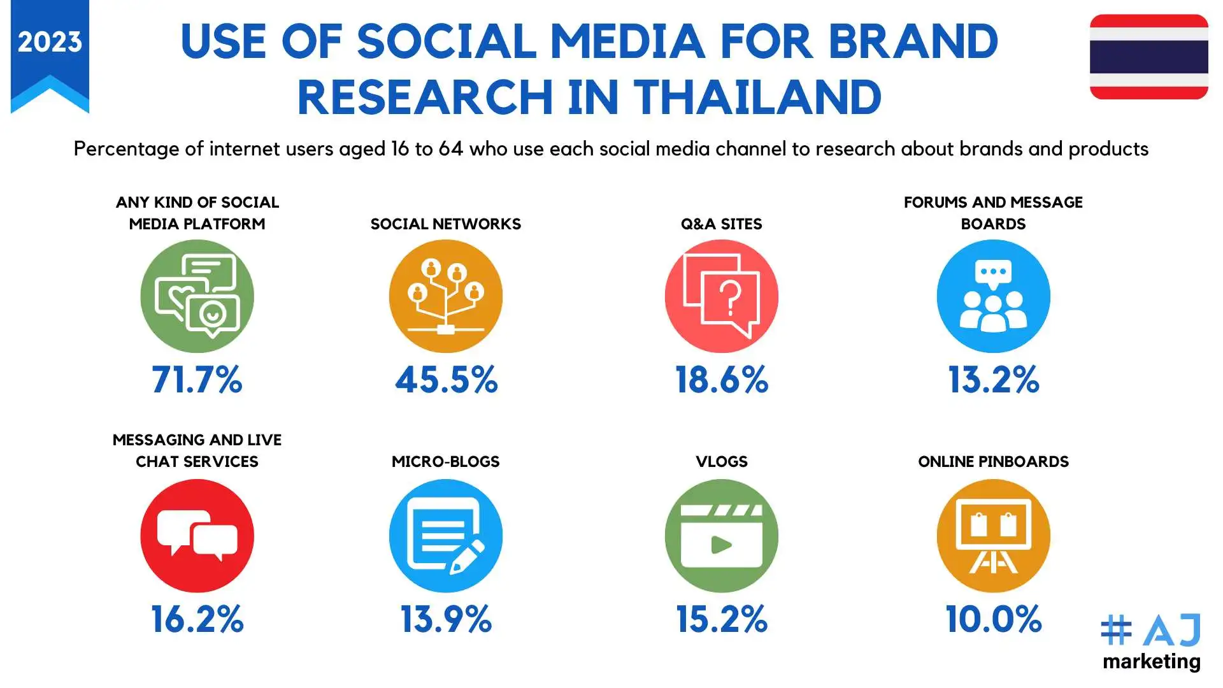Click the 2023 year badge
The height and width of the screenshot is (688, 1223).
pos(50,43)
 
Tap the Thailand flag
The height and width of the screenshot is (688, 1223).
pos(1148,57)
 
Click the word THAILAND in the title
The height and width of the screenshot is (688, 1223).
pos(757,97)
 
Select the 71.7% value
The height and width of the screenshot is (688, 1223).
pos(197,380)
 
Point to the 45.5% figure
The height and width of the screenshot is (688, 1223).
pos(446,380)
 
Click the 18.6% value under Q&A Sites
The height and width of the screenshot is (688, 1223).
pos(722,380)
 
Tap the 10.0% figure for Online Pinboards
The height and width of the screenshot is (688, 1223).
pos(993,619)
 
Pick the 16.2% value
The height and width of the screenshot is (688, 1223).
pos(197,619)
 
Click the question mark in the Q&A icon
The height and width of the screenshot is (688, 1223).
pos(731,298)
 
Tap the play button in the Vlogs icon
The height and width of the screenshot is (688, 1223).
pos(721,545)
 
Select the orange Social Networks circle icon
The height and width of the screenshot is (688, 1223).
pos(446,296)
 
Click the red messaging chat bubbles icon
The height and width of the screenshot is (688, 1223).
pos(197,536)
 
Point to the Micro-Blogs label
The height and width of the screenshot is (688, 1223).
pos(445,461)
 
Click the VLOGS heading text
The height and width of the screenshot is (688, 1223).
pos(721,461)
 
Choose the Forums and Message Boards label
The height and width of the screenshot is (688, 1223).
pos(993,213)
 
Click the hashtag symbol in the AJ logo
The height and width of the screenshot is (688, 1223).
pos(1116,630)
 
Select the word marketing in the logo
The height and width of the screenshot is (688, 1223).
pos(1152,662)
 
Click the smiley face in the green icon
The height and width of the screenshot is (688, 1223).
pos(212,313)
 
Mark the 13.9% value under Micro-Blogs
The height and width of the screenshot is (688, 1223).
pos(446,619)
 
